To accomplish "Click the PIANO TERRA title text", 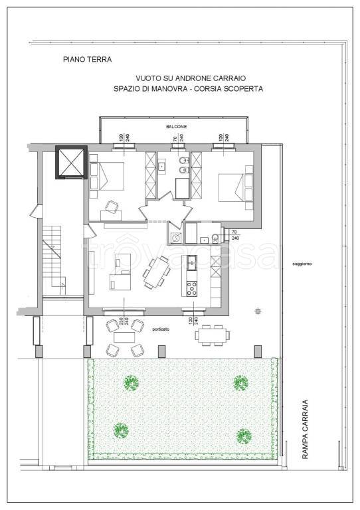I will pos(87,60).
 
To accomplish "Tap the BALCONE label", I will pos(176,126).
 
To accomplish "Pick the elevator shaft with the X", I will pos(70,162).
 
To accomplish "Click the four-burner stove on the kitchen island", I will pos(192,288).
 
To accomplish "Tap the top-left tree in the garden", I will pos(130,382).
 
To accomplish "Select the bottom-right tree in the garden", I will pos(242,436).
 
